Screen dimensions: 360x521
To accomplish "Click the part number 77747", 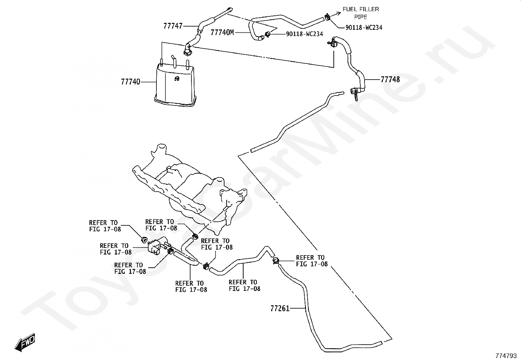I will click(x=173, y=26).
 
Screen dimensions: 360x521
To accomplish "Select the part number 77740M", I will click(x=222, y=32).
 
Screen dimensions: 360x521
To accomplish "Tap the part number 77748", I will click(x=390, y=80).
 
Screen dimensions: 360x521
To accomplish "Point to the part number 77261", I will click(x=280, y=308).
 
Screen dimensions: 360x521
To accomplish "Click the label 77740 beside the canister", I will click(x=130, y=82).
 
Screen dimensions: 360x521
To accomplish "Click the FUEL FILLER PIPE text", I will click(x=361, y=13).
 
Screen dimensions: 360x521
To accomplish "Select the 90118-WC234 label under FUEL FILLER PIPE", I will click(x=364, y=28).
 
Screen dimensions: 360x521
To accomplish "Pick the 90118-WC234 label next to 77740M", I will click(x=304, y=34).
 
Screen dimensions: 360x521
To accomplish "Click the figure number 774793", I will click(x=506, y=355).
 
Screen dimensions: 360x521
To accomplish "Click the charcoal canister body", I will click(x=175, y=85).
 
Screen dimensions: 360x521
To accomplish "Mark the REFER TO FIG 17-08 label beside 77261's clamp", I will click(x=312, y=261).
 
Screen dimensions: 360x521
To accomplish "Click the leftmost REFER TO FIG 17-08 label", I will click(x=105, y=226).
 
